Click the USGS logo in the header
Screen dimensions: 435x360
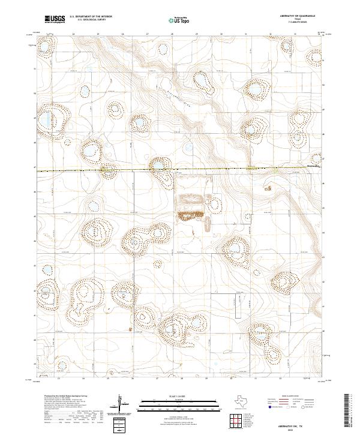55,19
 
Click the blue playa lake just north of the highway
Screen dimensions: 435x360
158,164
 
